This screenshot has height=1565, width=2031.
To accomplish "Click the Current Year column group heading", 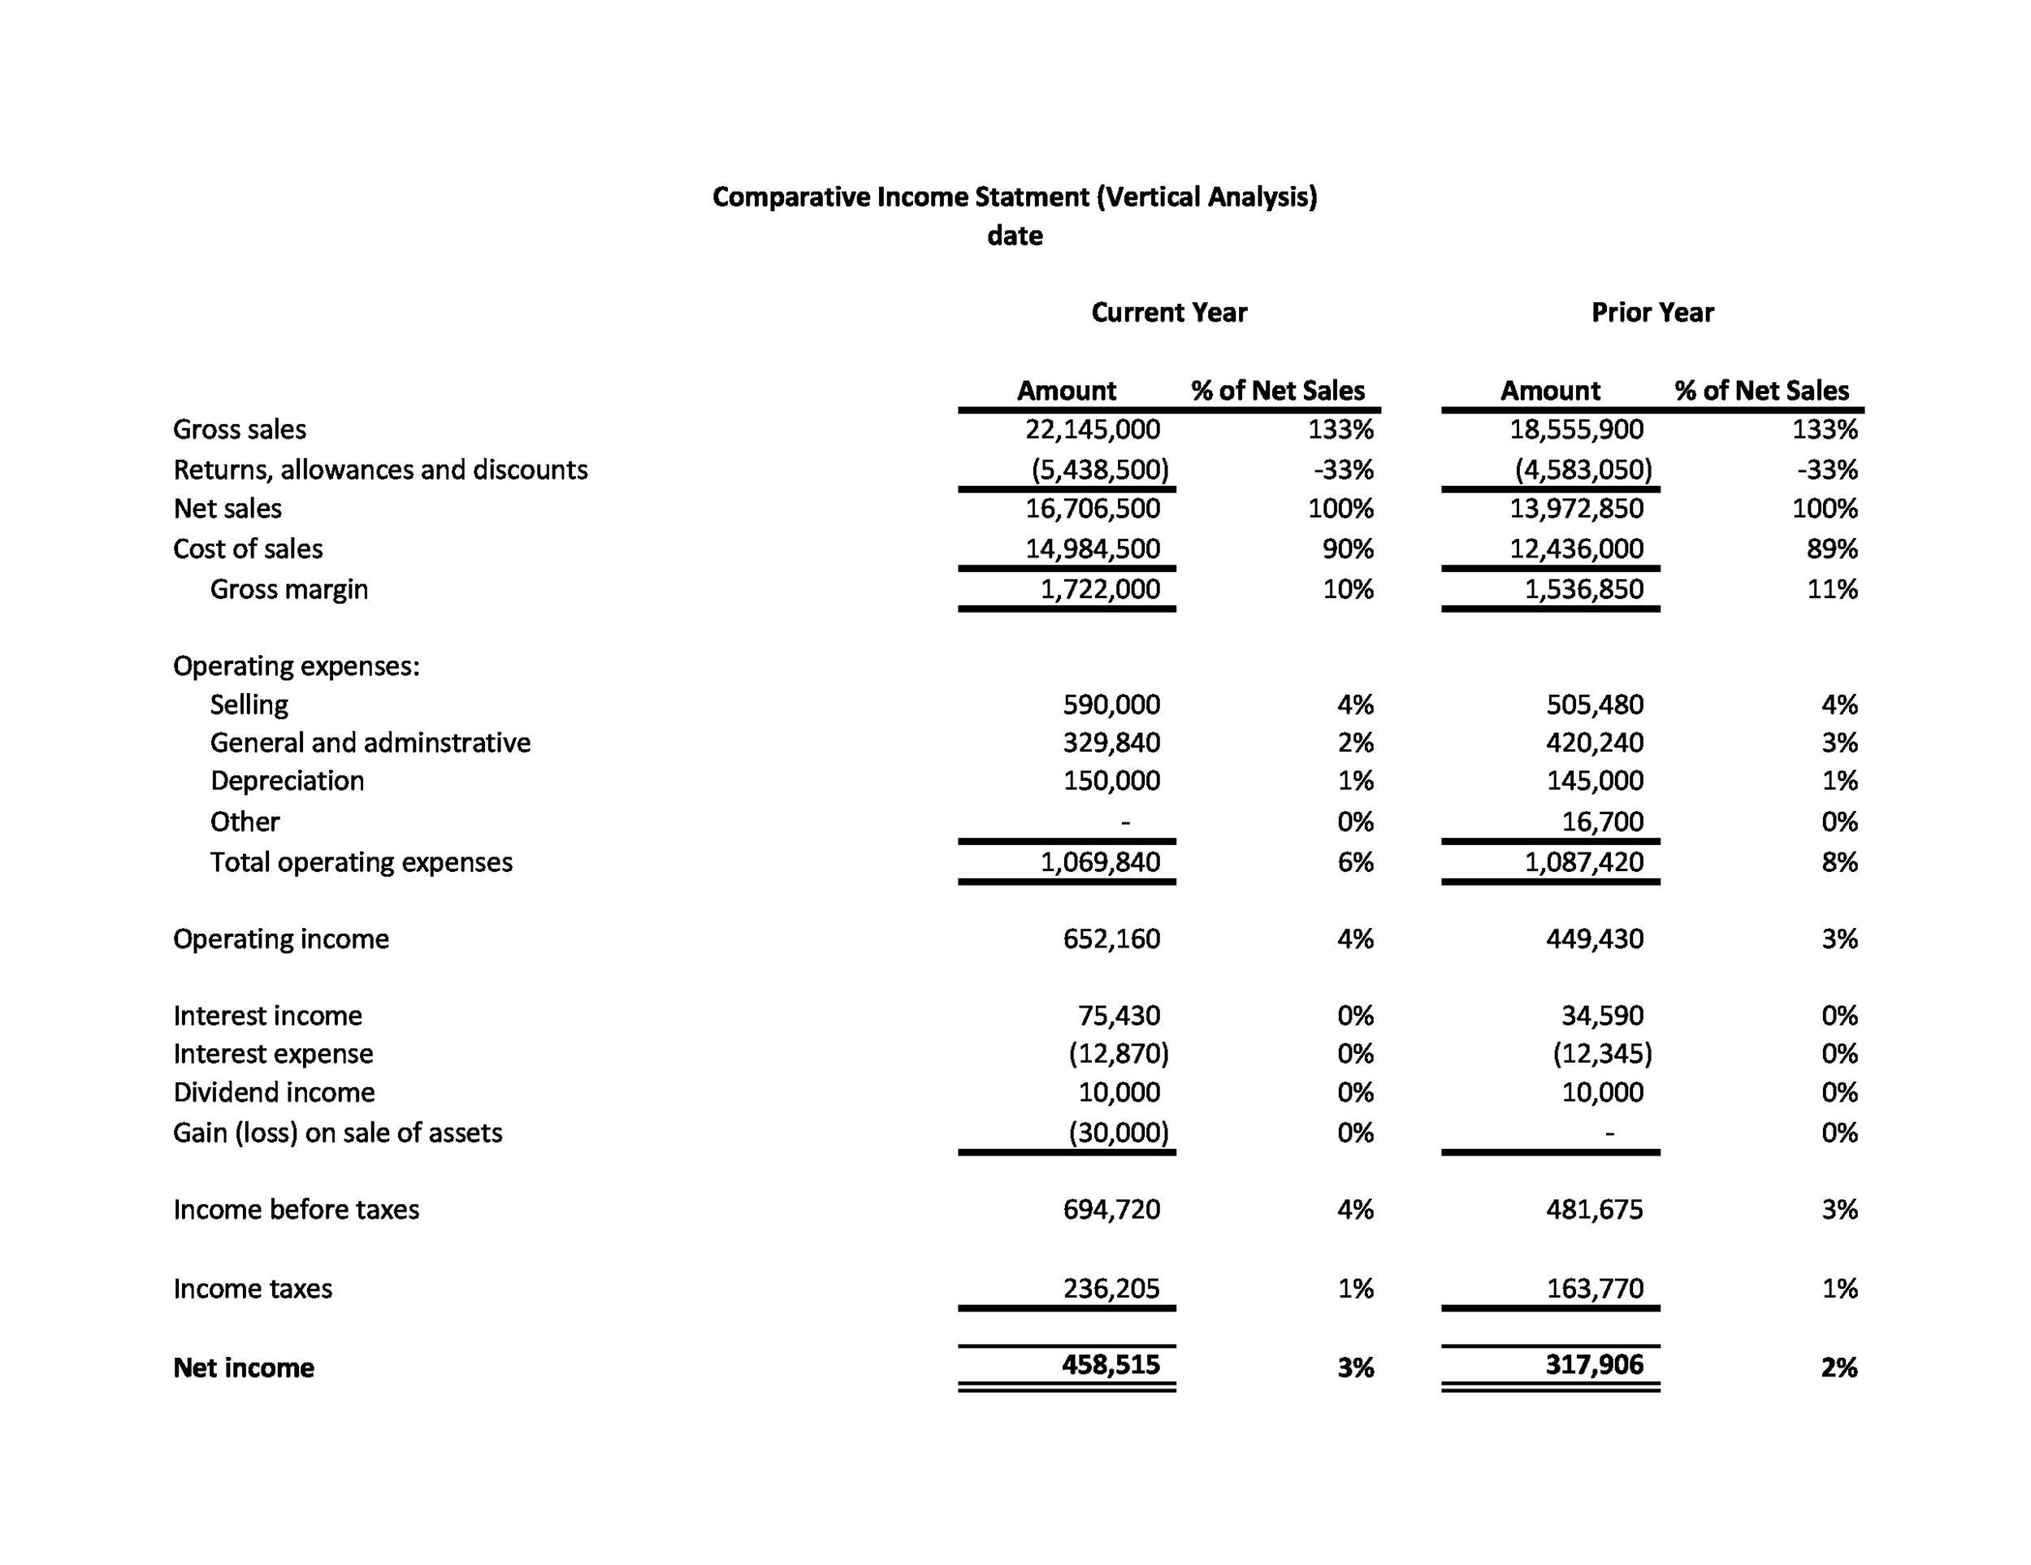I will coord(1168,313).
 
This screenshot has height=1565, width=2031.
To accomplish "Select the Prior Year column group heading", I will coord(1652,313).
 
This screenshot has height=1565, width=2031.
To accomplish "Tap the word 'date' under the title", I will coord(1015,236).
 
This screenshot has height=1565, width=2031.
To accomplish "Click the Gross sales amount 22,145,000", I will coord(1093,430).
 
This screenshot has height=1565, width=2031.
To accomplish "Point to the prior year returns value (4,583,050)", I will coord(1583,470).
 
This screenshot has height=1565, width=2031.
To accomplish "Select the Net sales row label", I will coord(227,509).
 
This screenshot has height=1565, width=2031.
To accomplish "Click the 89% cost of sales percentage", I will coord(1832,548).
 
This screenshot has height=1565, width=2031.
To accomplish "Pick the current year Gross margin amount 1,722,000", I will coord(1099,590).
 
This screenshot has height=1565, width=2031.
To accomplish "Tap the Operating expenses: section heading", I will coord(296,665).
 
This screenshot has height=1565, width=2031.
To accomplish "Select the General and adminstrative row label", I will coord(370,743).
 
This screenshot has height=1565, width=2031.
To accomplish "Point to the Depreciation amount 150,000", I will coord(1111,781).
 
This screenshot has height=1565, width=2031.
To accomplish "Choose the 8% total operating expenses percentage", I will coord(1838,863).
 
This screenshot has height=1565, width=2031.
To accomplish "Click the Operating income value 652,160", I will coord(1111,939).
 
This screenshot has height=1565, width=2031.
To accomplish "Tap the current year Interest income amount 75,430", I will coord(1119,1016).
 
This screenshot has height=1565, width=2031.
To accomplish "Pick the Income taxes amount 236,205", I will coord(1111,1289).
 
